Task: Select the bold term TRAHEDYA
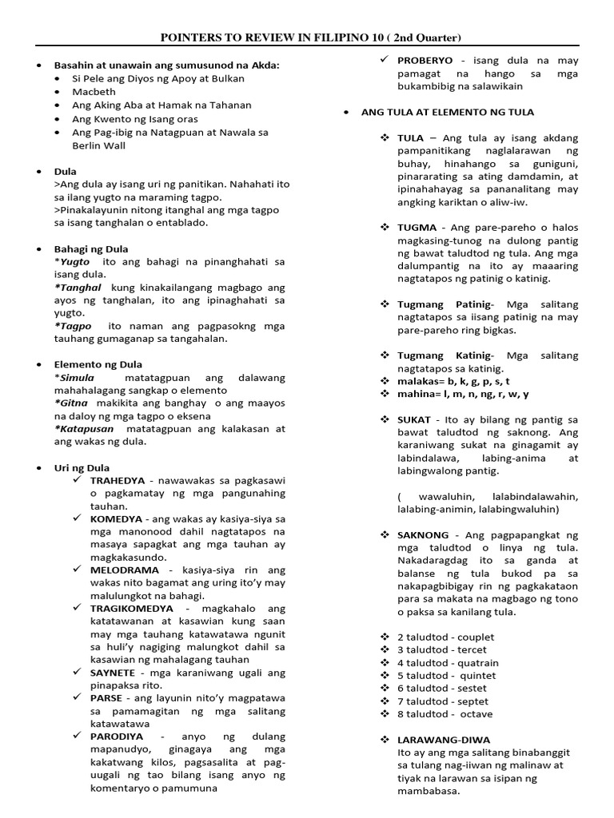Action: click(118, 481)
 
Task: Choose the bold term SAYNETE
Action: click(113, 673)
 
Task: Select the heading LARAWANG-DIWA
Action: click(444, 740)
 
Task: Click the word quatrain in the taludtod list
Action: click(477, 662)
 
